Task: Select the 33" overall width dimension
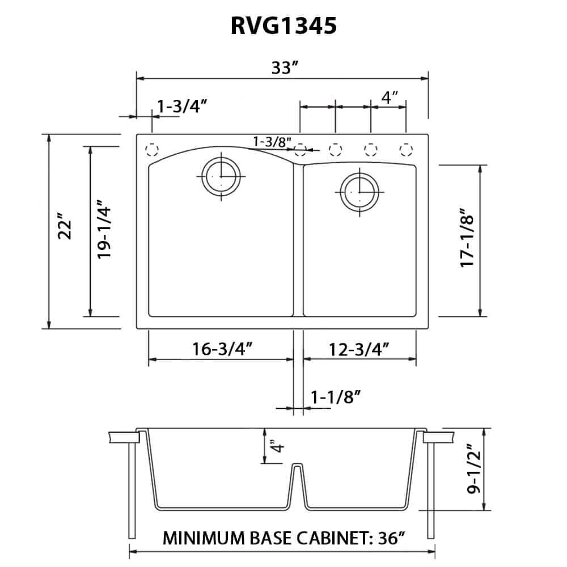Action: [285, 68]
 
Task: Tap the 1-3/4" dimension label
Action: [181, 105]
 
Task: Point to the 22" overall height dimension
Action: [66, 227]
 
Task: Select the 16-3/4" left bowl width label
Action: [222, 348]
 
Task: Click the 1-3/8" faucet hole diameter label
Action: [272, 141]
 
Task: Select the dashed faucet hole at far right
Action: [405, 150]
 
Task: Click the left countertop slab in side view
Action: [123, 437]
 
